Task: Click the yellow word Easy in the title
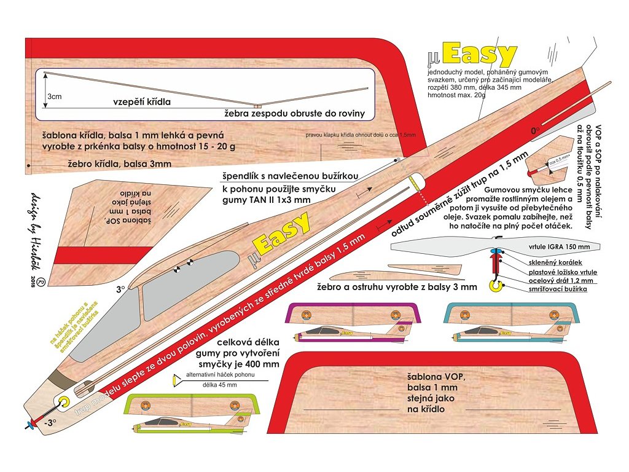(x=479, y=55)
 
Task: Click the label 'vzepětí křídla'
(x=141, y=101)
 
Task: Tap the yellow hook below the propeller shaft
(x=493, y=284)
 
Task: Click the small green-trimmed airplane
(x=192, y=413)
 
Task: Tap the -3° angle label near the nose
(x=49, y=422)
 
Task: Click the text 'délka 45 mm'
(x=219, y=385)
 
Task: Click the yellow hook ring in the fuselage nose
(x=63, y=402)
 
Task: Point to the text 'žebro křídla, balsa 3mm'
(x=120, y=163)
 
